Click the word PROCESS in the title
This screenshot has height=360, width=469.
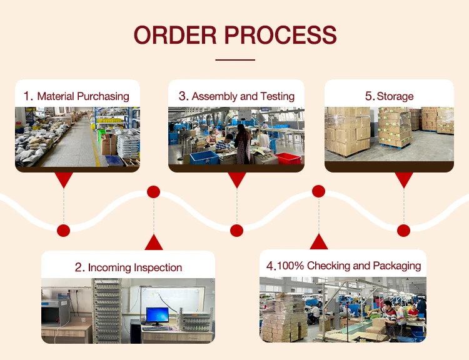[x=284, y=35]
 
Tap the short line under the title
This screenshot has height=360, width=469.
[x=235, y=60]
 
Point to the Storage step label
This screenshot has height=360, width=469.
[x=395, y=96]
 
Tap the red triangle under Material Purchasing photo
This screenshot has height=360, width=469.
[x=63, y=180]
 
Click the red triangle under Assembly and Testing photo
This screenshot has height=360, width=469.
[x=236, y=180]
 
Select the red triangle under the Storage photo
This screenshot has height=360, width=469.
[x=404, y=180]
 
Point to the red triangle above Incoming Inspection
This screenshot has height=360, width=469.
[x=153, y=242]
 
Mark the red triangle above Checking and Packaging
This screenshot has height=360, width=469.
[x=319, y=242]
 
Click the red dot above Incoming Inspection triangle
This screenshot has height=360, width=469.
[x=153, y=192]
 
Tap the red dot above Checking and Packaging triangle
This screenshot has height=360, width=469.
[x=319, y=191]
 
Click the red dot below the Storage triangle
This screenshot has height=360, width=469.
[x=404, y=230]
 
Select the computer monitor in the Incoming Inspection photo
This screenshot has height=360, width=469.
[x=156, y=316]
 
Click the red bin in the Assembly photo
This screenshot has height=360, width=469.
[x=288, y=158]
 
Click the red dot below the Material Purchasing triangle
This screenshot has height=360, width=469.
[x=63, y=230]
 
